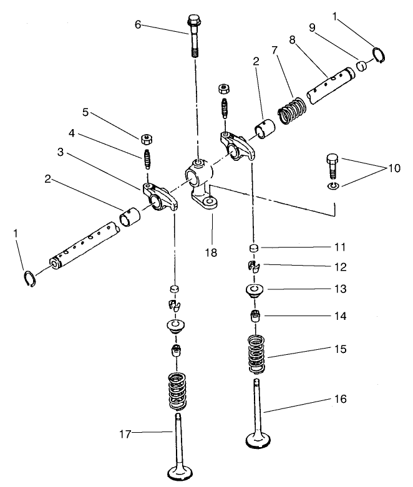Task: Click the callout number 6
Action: [138, 24]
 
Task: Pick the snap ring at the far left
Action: [29, 278]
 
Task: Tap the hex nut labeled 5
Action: [148, 136]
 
